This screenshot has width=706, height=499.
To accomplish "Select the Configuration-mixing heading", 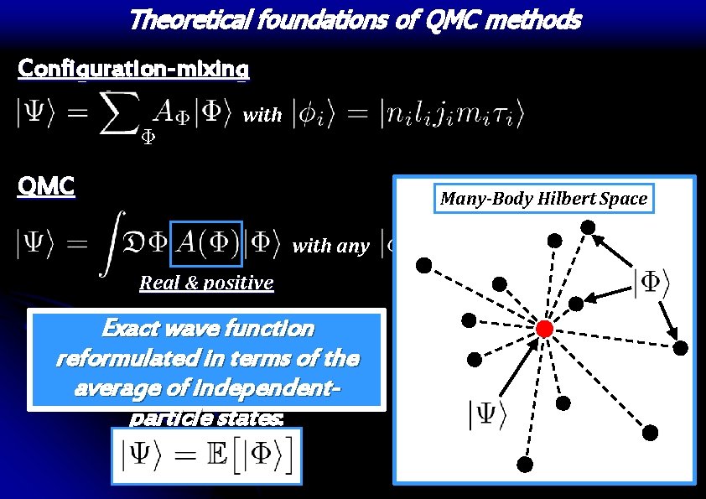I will [133, 69].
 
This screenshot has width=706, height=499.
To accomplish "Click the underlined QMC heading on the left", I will [46, 186].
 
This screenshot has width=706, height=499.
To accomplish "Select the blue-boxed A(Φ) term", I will [205, 245].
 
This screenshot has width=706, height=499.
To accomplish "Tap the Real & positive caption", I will [206, 283].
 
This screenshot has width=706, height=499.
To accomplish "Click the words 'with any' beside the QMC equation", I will [330, 247].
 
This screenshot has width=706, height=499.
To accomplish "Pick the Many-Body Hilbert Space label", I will [544, 199].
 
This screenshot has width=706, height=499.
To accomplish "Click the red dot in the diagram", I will [544, 329].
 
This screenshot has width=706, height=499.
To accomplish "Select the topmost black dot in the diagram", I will [589, 226].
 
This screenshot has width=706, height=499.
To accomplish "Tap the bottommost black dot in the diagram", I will [525, 465].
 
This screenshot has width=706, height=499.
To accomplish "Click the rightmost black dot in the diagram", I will [682, 347].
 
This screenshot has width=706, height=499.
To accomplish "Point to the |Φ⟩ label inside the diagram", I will [650, 283].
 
